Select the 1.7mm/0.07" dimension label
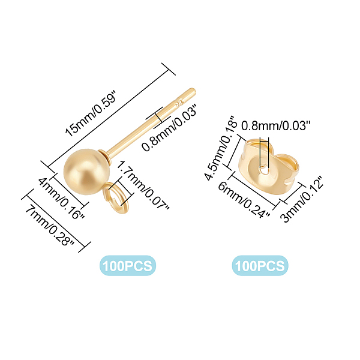143,185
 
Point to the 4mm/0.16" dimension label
61,198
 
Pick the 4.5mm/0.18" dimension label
220,148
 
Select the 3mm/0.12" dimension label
301,199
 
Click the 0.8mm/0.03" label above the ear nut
276,126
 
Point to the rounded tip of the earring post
193,91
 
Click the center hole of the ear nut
264,171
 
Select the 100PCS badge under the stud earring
128,266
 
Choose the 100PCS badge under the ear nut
260,266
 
